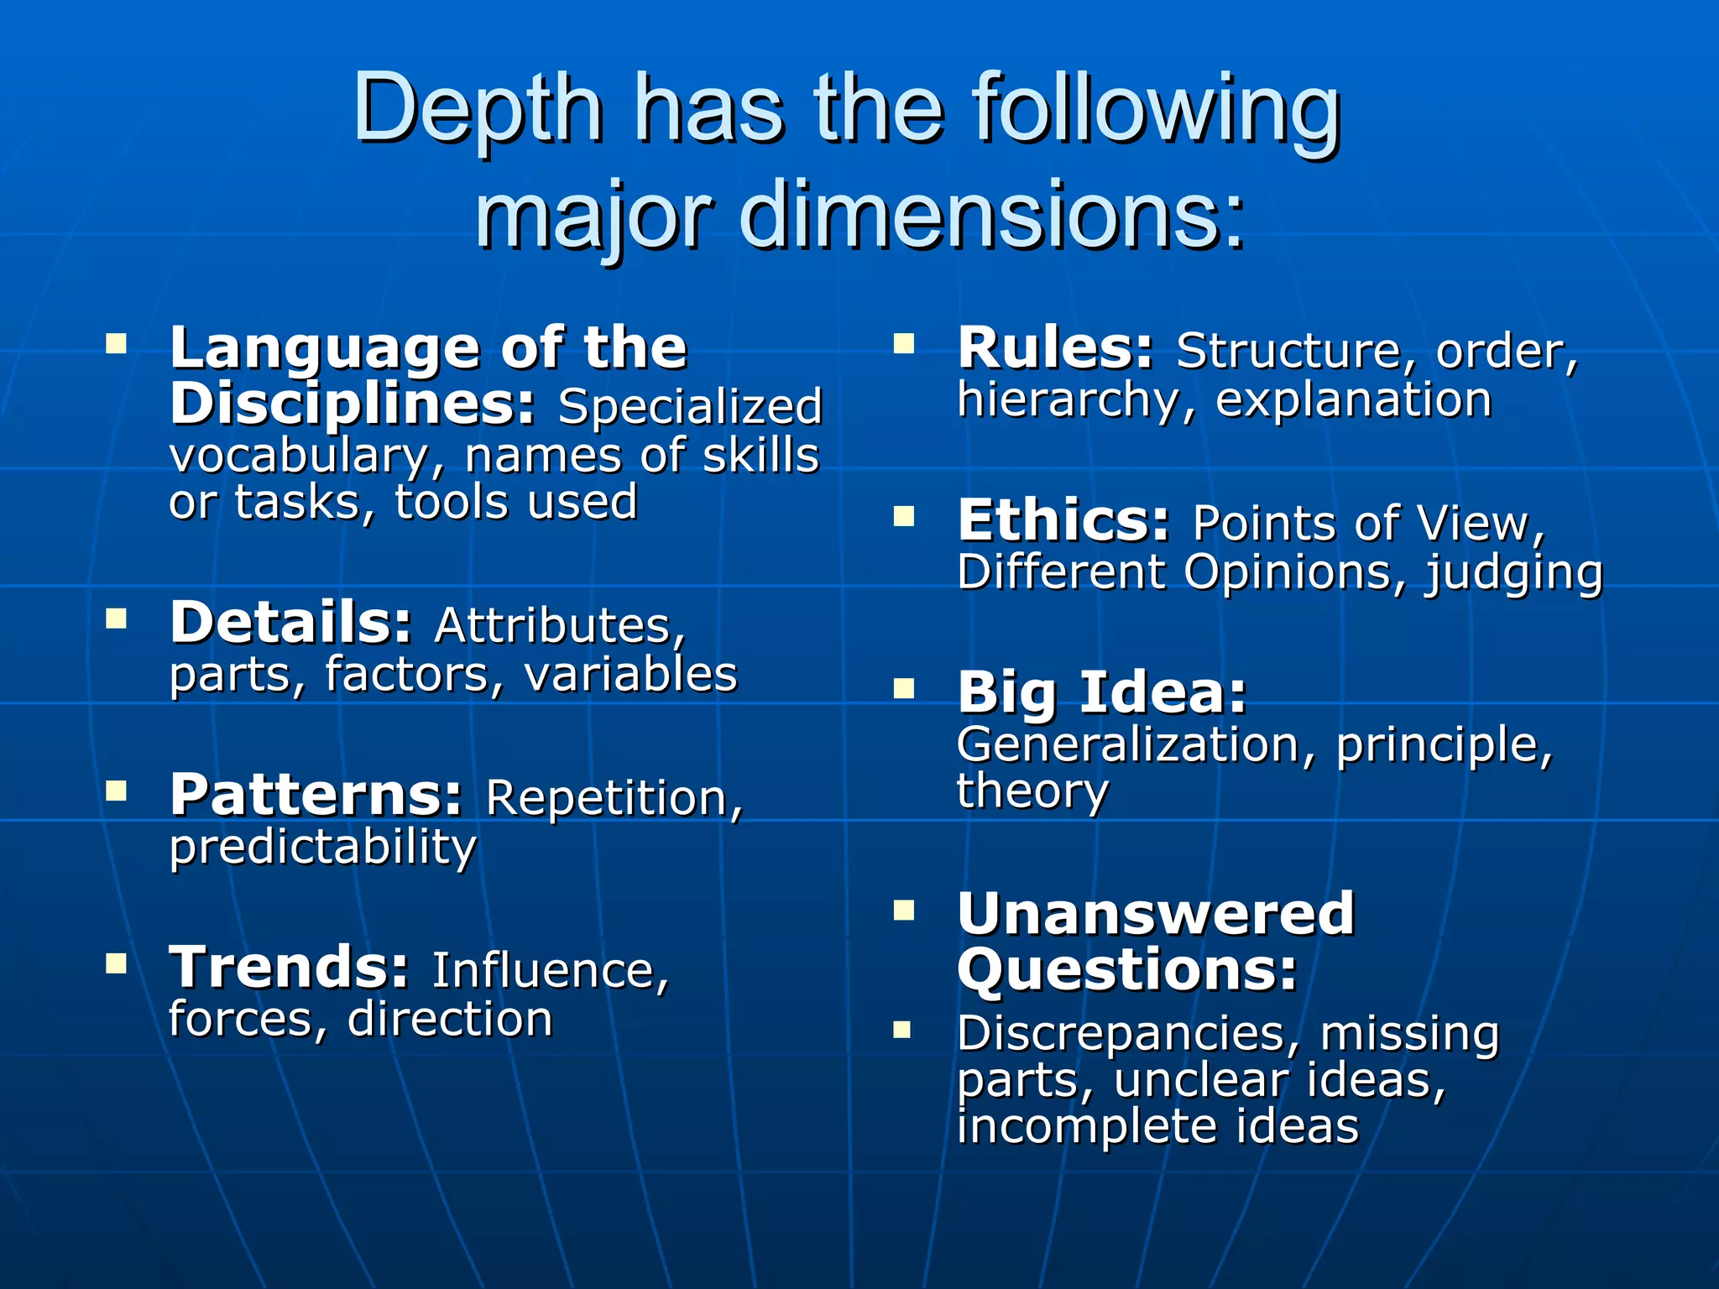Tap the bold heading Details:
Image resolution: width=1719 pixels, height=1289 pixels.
290,623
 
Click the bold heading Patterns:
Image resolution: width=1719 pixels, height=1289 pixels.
316,795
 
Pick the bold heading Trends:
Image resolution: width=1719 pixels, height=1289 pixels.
289,968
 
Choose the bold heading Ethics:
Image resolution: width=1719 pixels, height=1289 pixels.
1063,521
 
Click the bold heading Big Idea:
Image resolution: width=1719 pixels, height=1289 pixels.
1101,693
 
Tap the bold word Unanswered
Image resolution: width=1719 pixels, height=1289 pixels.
1155,913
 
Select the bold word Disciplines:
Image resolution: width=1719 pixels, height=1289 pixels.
352,404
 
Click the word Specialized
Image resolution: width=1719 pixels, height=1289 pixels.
690,408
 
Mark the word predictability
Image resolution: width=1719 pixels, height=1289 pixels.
322,848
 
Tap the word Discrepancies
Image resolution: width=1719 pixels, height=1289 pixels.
1127,1033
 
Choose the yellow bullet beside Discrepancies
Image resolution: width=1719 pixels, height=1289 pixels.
902,1029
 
